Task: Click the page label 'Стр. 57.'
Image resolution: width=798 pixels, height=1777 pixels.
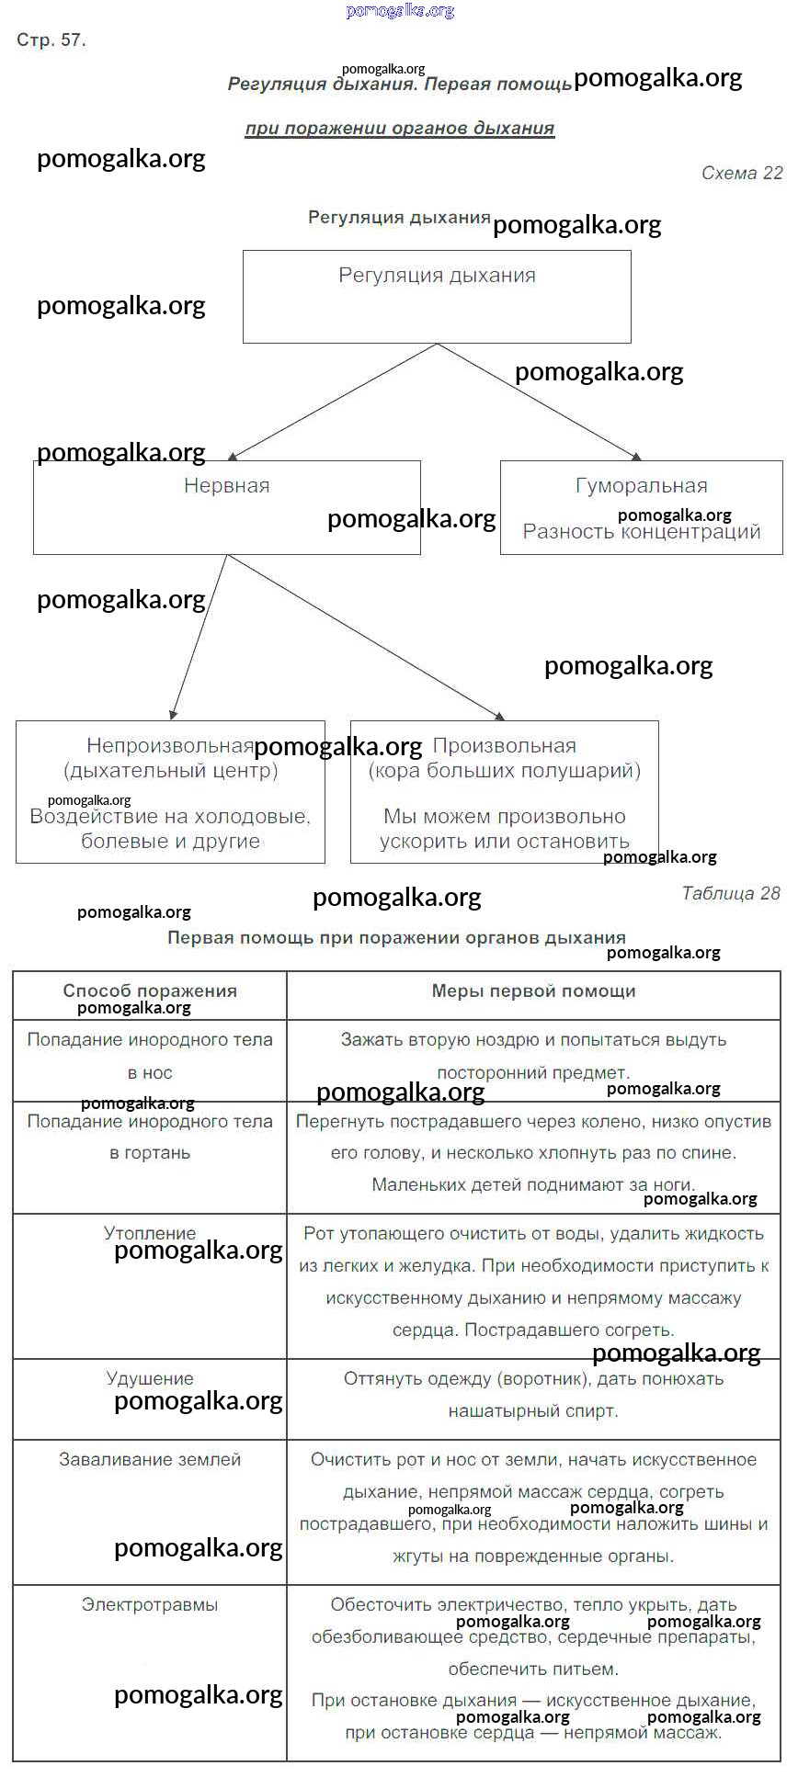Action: (x=51, y=40)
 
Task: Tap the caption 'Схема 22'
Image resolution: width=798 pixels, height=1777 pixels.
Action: (x=741, y=174)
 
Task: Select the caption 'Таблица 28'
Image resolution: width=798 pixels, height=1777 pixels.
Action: (x=730, y=893)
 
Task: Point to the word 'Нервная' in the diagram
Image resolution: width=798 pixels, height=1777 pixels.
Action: (x=226, y=486)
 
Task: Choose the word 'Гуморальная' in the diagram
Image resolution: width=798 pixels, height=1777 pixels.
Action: (x=641, y=486)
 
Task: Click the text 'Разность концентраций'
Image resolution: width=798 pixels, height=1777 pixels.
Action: (x=641, y=532)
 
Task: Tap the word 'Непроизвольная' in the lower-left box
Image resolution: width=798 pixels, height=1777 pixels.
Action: (x=170, y=746)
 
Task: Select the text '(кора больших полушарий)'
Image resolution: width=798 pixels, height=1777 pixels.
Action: (x=504, y=771)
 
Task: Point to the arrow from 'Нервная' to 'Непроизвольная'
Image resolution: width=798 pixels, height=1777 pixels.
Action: (x=199, y=637)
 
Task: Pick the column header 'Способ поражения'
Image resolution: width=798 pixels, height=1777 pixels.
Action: (x=150, y=991)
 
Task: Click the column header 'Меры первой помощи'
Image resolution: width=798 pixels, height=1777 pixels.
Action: (x=533, y=991)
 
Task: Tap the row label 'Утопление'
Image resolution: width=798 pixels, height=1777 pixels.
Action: (x=150, y=1233)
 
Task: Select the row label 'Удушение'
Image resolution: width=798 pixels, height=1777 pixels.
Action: (x=150, y=1378)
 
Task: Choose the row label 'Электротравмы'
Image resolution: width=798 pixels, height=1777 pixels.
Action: (x=150, y=1604)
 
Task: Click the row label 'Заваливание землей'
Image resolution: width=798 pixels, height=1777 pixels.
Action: (x=150, y=1459)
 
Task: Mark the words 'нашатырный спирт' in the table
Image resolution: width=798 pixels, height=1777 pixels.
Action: (x=533, y=1411)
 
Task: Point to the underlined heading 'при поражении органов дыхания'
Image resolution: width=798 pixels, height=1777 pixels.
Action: (x=399, y=129)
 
